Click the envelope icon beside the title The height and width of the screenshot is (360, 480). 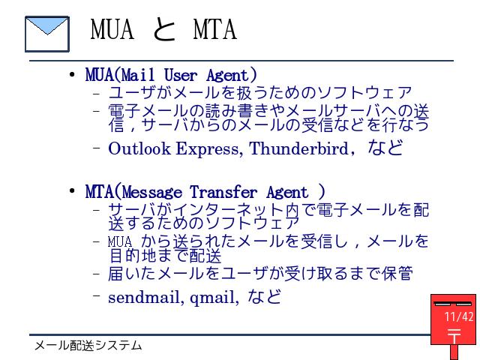tap(47, 34)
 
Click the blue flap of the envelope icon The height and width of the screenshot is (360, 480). tap(47, 25)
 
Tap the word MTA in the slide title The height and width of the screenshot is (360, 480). tap(215, 29)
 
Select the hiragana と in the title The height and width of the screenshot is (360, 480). tap(164, 29)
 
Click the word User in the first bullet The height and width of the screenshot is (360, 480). tap(180, 75)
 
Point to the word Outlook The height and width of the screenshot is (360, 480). tap(139, 148)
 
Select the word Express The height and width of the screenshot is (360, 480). tap(209, 149)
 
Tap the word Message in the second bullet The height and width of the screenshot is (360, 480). tap(152, 193)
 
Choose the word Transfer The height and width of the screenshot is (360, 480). tap(223, 192)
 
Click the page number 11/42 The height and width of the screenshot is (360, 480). tap(458, 316)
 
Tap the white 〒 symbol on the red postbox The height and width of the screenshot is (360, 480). tap(454, 336)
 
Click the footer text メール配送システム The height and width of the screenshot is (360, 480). tap(88, 346)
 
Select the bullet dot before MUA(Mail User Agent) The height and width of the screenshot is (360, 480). tap(72, 74)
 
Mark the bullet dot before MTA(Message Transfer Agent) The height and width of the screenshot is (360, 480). tap(72, 191)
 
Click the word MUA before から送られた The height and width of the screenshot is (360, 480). tap(120, 241)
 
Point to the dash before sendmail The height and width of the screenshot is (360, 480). tap(96, 295)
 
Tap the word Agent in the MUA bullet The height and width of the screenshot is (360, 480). tap(231, 75)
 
